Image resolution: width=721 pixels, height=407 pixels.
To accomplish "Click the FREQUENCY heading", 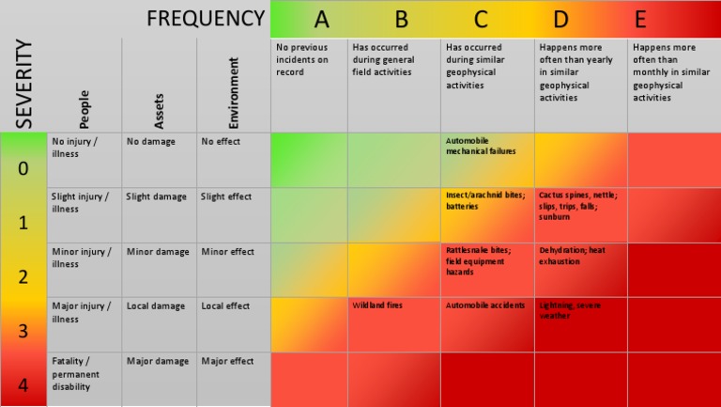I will (x=206, y=19).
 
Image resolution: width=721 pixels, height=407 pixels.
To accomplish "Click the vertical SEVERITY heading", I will (x=23, y=85).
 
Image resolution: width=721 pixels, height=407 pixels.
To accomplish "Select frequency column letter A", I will (x=321, y=19).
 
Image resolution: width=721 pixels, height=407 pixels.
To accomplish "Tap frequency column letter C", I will (x=481, y=19).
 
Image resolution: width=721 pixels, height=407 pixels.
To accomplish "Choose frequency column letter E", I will (x=640, y=19).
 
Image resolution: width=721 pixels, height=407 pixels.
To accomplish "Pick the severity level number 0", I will (x=23, y=169).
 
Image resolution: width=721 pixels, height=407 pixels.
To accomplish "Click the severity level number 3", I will (x=23, y=331).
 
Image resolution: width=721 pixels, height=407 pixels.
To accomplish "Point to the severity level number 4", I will (x=23, y=385).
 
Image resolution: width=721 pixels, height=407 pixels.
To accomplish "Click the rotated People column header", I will (x=84, y=109).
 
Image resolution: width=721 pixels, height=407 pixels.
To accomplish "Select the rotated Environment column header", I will (x=234, y=93).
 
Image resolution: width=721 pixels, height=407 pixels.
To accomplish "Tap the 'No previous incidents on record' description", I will (x=302, y=59).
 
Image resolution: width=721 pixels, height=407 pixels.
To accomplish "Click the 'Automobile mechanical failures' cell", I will (x=480, y=146).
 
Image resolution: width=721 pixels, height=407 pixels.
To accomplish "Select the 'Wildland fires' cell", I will (x=378, y=305).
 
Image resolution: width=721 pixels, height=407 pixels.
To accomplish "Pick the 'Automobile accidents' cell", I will (x=484, y=305).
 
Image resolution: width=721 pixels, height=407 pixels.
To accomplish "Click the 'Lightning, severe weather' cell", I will (x=570, y=311).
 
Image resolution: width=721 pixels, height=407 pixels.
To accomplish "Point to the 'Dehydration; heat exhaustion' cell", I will (x=572, y=257).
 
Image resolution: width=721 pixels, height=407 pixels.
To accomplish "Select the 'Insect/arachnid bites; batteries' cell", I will (x=484, y=201).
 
